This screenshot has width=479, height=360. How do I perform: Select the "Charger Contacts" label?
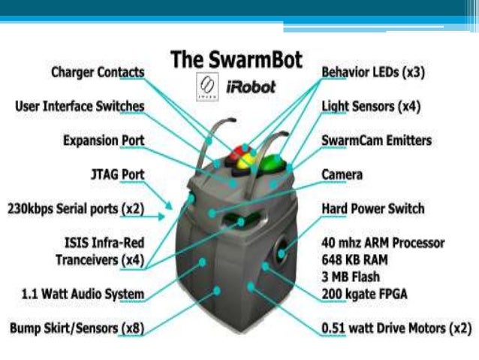click(x=98, y=73)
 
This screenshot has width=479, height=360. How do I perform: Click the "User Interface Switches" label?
click(x=80, y=106)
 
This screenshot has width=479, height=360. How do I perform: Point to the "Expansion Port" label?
click(x=104, y=141)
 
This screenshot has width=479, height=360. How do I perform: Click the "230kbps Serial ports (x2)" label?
click(x=75, y=208)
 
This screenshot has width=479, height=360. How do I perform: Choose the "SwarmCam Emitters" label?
click(x=376, y=141)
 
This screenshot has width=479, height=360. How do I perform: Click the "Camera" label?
click(x=342, y=174)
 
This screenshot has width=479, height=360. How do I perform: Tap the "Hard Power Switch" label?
click(x=372, y=208)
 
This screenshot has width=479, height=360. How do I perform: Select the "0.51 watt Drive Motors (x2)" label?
click(x=396, y=328)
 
